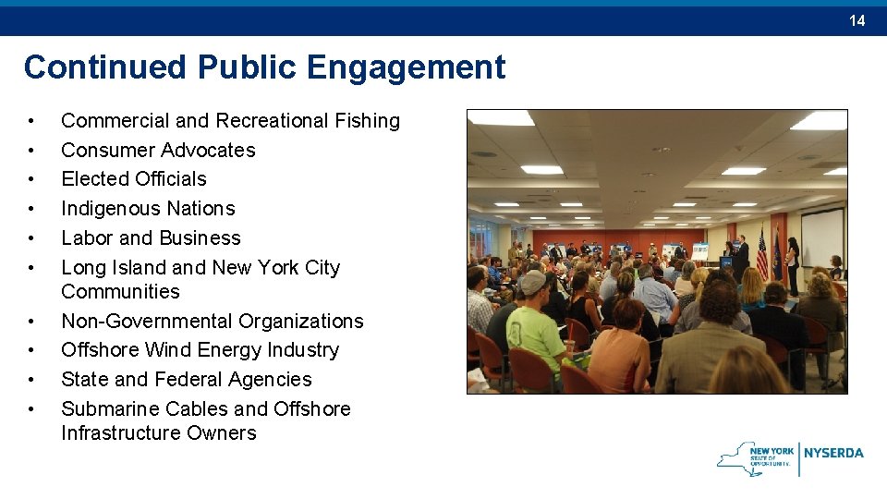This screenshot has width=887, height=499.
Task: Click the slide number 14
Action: (x=857, y=20)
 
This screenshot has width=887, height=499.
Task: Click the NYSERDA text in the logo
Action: (x=833, y=453)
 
